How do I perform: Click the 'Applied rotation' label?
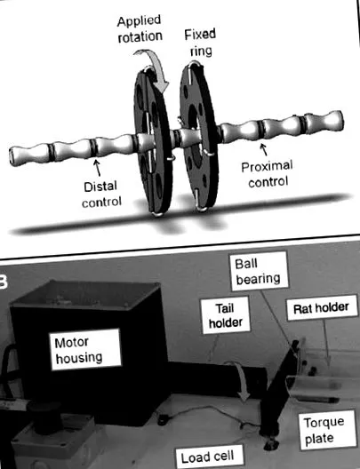point(140,29)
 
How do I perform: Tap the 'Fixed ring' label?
point(200,43)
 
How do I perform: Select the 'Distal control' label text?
point(101,195)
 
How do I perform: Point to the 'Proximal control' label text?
point(268,174)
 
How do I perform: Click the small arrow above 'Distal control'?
point(97,168)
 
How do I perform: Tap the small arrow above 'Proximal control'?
point(264,149)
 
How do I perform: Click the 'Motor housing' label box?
point(85,349)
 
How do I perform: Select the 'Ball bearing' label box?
point(259,271)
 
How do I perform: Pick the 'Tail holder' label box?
point(226,315)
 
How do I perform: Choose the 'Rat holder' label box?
point(322,308)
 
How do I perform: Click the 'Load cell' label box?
point(209,457)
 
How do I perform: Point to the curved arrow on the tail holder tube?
point(242,381)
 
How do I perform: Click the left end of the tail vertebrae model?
point(11,155)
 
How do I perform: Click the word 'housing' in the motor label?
point(79,358)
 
